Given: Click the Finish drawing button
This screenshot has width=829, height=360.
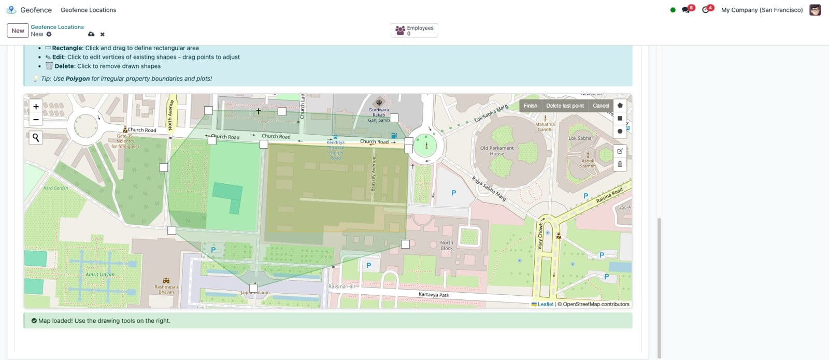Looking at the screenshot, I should click(530, 106).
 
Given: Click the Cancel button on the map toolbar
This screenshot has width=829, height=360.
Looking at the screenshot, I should click(601, 106).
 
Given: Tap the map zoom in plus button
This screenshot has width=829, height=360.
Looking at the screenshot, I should click(36, 107).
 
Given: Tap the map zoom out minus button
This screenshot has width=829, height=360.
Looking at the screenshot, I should click(36, 120).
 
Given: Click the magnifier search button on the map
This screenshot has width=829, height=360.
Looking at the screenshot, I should click(36, 137).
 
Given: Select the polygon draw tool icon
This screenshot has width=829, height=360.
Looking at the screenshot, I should click(620, 105).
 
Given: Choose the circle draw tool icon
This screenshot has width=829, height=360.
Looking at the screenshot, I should click(620, 131).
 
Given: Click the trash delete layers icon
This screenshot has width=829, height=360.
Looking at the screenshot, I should click(620, 164).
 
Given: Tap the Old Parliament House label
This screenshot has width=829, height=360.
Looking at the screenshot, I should click(497, 151).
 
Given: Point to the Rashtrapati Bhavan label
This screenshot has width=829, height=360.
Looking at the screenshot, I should click(166, 289).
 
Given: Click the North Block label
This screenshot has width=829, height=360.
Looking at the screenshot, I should click(447, 245).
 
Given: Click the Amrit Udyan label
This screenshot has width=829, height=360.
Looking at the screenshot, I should click(100, 275).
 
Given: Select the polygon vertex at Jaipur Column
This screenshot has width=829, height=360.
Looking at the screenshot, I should click(253, 288).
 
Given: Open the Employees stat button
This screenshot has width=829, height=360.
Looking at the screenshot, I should click(414, 31).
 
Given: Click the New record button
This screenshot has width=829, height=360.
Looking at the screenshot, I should click(18, 31).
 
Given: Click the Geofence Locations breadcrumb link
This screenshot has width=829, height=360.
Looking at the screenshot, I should click(57, 27).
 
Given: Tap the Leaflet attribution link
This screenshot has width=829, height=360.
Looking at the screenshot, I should click(545, 304).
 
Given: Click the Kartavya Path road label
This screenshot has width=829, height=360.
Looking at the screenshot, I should click(434, 295).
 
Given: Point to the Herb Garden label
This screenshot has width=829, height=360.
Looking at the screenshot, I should click(55, 188).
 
